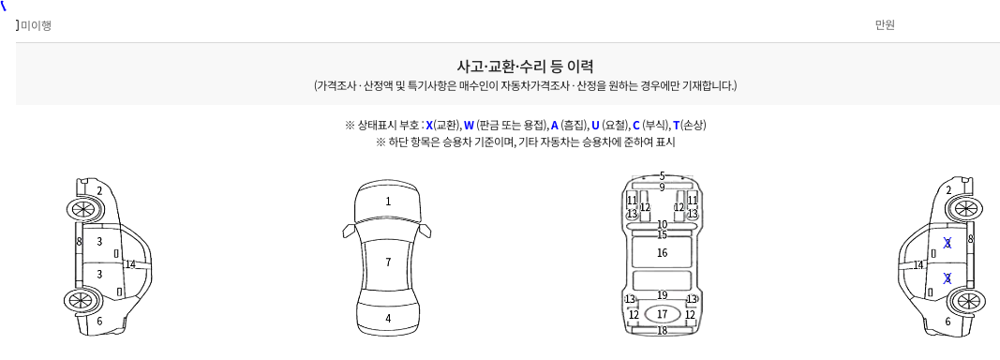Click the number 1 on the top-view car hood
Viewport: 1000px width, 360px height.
[388, 202]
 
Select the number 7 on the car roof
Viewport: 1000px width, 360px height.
[388, 262]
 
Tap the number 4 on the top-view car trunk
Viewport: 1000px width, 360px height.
[388, 318]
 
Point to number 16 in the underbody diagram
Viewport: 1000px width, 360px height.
[662, 253]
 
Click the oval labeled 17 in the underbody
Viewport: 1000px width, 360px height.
[662, 314]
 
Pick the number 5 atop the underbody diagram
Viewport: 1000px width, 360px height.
[662, 175]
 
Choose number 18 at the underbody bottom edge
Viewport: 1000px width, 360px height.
[662, 330]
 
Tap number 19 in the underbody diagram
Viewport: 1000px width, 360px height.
[662, 295]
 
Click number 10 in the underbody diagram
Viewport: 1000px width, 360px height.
[662, 225]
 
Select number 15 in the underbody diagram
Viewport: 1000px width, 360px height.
[662, 235]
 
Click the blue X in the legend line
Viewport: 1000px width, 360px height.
[429, 125]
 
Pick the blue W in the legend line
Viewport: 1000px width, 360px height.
[469, 125]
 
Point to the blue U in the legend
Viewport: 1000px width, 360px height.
[595, 125]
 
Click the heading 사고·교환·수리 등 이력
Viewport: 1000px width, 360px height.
[525, 66]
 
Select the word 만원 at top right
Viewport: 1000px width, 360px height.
[886, 25]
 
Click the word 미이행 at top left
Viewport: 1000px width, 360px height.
[36, 25]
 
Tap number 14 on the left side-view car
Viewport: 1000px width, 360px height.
[130, 264]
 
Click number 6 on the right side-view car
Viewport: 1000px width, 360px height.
[948, 322]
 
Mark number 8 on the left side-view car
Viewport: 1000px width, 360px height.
[79, 241]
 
